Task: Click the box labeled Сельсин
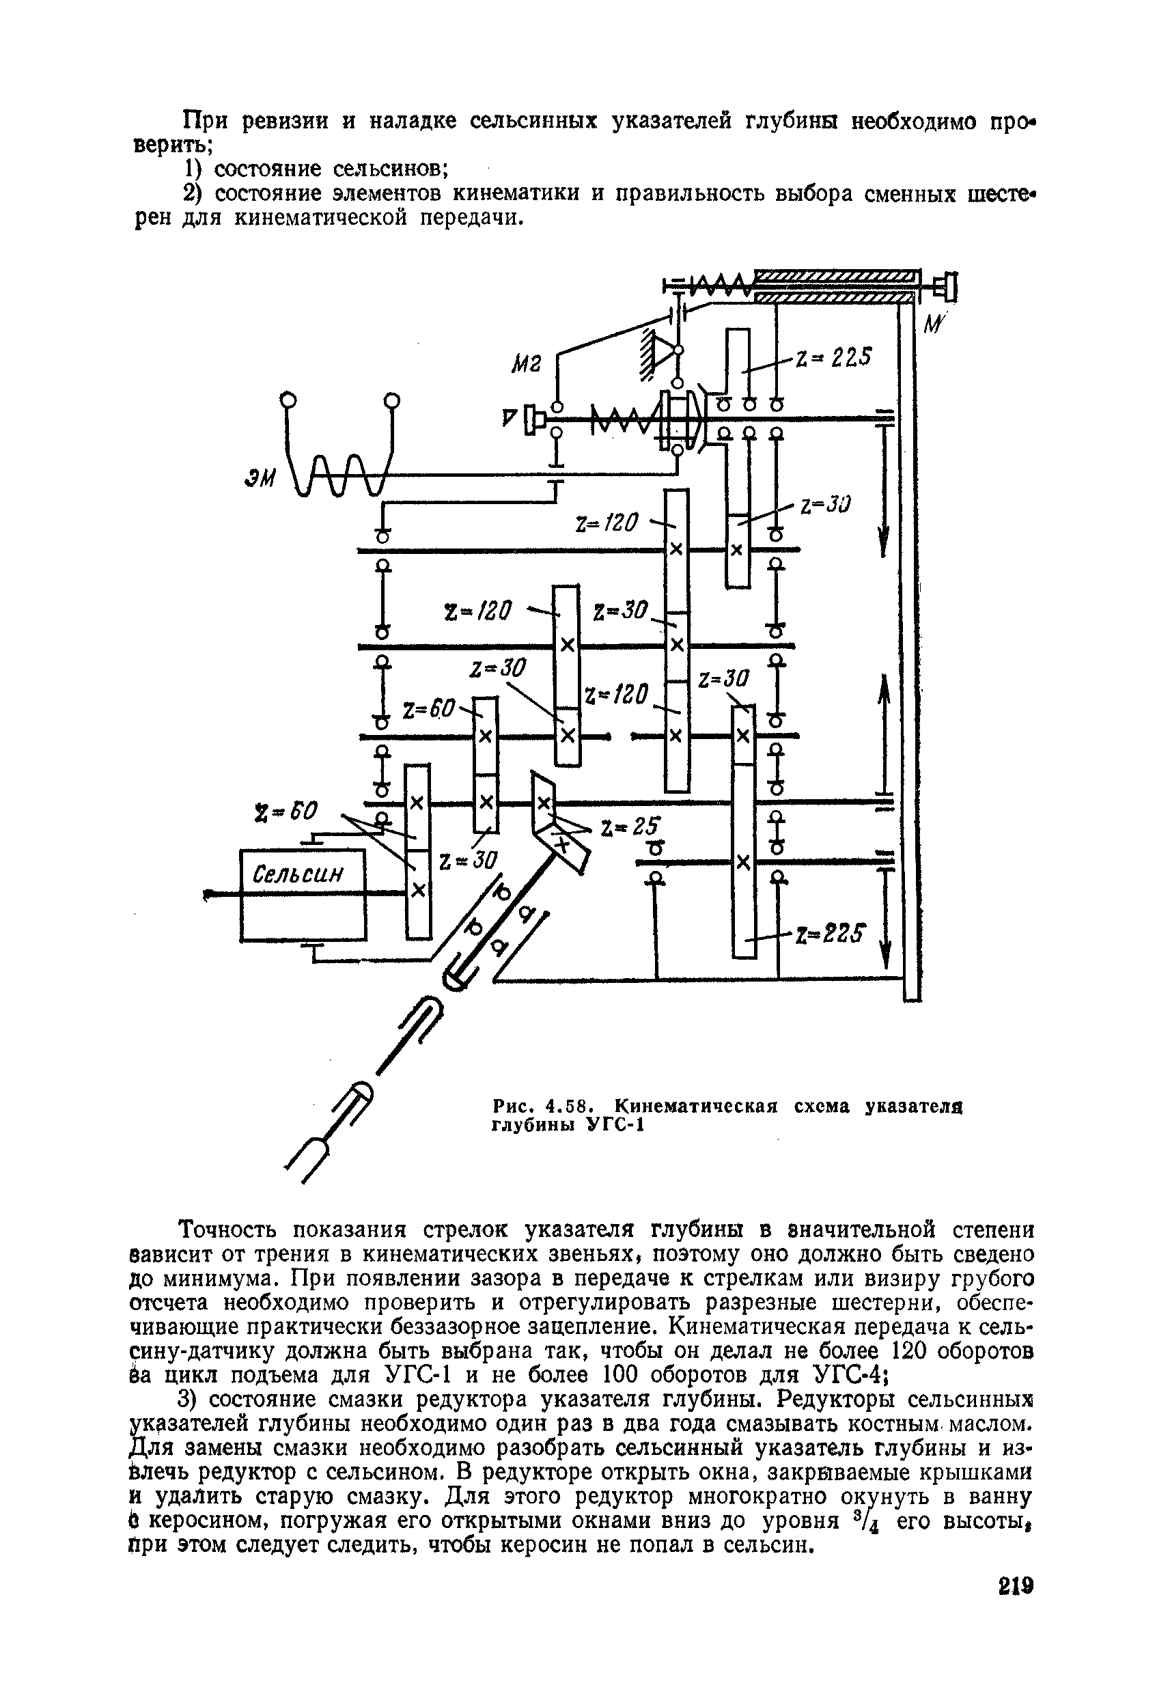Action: point(303,893)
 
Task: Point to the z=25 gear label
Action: point(630,826)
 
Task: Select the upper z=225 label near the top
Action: point(833,357)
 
